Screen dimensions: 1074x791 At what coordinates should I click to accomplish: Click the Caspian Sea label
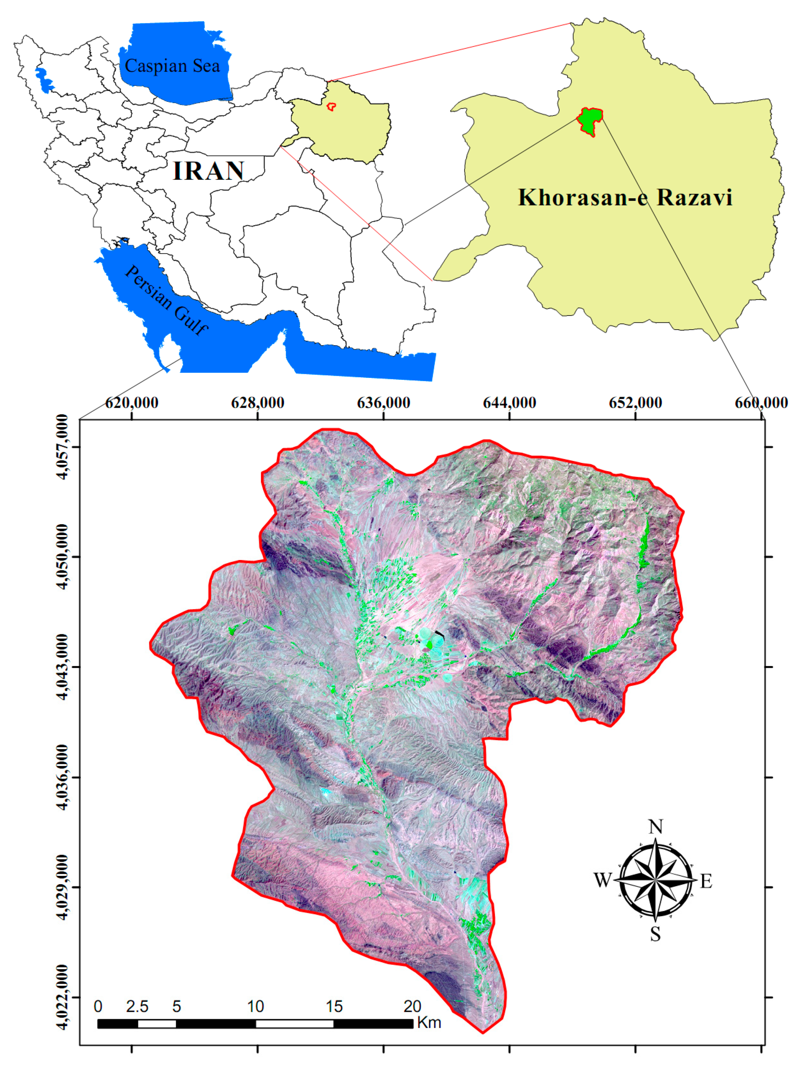(172, 66)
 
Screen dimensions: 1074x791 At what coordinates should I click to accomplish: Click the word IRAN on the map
(208, 171)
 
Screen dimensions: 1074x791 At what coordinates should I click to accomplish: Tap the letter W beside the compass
(603, 880)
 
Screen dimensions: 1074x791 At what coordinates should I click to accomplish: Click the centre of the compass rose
(655, 880)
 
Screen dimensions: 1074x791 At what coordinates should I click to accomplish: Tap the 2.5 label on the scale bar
(137, 1006)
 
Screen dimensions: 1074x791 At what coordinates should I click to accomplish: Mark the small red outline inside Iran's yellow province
(330, 106)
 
